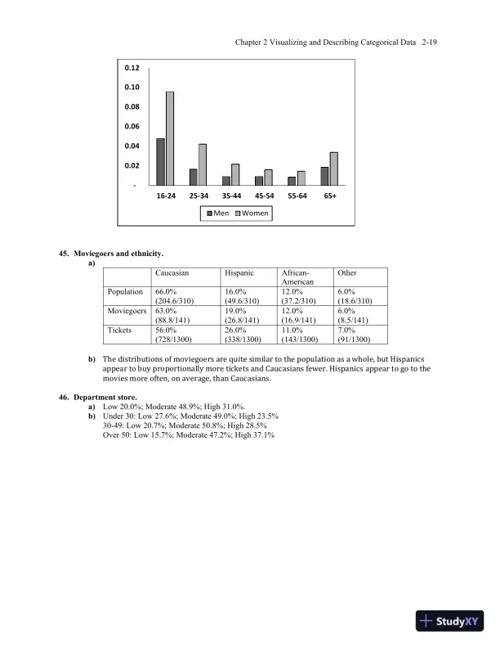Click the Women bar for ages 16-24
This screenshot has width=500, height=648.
(170, 138)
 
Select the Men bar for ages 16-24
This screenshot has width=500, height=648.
(161, 162)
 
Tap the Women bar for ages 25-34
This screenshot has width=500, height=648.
(203, 164)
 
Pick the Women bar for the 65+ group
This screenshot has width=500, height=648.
(333, 169)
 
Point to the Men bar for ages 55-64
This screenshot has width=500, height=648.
(292, 181)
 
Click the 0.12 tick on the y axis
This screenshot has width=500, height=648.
(132, 67)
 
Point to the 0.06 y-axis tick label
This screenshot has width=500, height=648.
(132, 126)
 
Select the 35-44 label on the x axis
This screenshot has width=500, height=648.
(231, 196)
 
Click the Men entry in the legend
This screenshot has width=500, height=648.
(219, 214)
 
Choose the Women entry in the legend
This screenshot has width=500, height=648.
(251, 214)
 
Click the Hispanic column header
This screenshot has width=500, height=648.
(240, 272)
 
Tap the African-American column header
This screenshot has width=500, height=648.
(297, 277)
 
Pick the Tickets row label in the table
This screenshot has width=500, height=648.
(120, 330)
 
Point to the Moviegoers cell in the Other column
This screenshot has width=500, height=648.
(352, 316)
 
